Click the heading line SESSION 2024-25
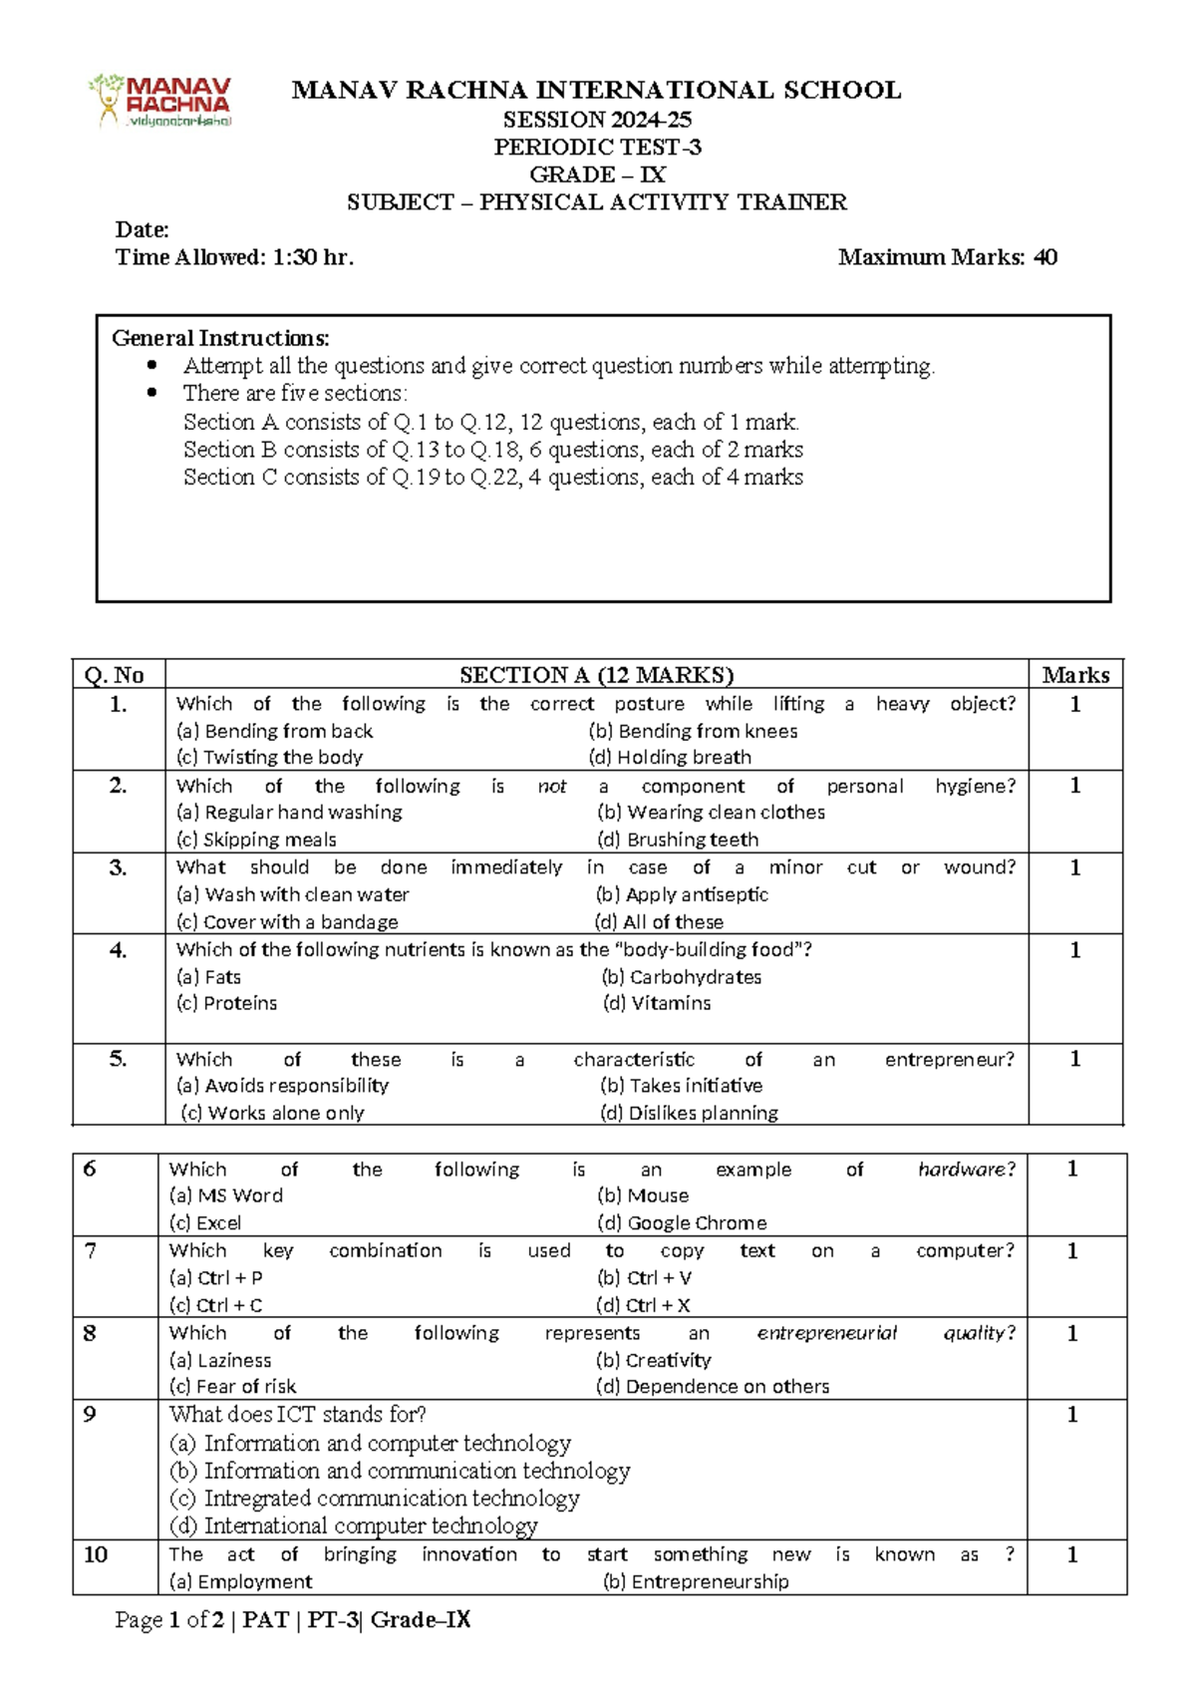tap(596, 120)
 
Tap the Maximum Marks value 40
tap(1045, 257)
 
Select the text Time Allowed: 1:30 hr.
tap(235, 257)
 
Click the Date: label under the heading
tap(143, 230)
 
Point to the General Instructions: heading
tap(220, 338)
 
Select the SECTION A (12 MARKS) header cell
tap(596, 675)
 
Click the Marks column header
tap(1075, 675)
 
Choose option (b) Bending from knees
tap(693, 731)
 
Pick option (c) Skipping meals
tap(256, 840)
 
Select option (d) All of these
tap(659, 922)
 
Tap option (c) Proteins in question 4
tap(226, 1003)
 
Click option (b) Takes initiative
tap(681, 1085)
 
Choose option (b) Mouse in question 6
tap(643, 1195)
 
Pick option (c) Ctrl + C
tap(215, 1305)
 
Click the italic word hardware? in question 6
tap(966, 1169)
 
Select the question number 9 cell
tap(90, 1414)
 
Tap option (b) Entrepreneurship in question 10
tap(696, 1581)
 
